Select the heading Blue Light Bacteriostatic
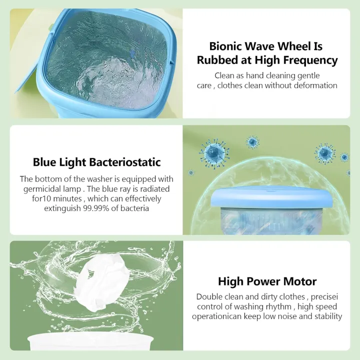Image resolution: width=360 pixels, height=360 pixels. (x=96, y=162)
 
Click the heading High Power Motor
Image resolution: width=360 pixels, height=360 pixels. (x=267, y=281)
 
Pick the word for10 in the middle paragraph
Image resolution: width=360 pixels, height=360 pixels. (x=39, y=198)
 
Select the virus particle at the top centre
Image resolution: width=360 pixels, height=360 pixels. (x=253, y=142)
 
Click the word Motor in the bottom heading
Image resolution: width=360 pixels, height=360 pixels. (x=299, y=281)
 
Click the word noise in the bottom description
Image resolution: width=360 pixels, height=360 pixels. (x=282, y=316)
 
